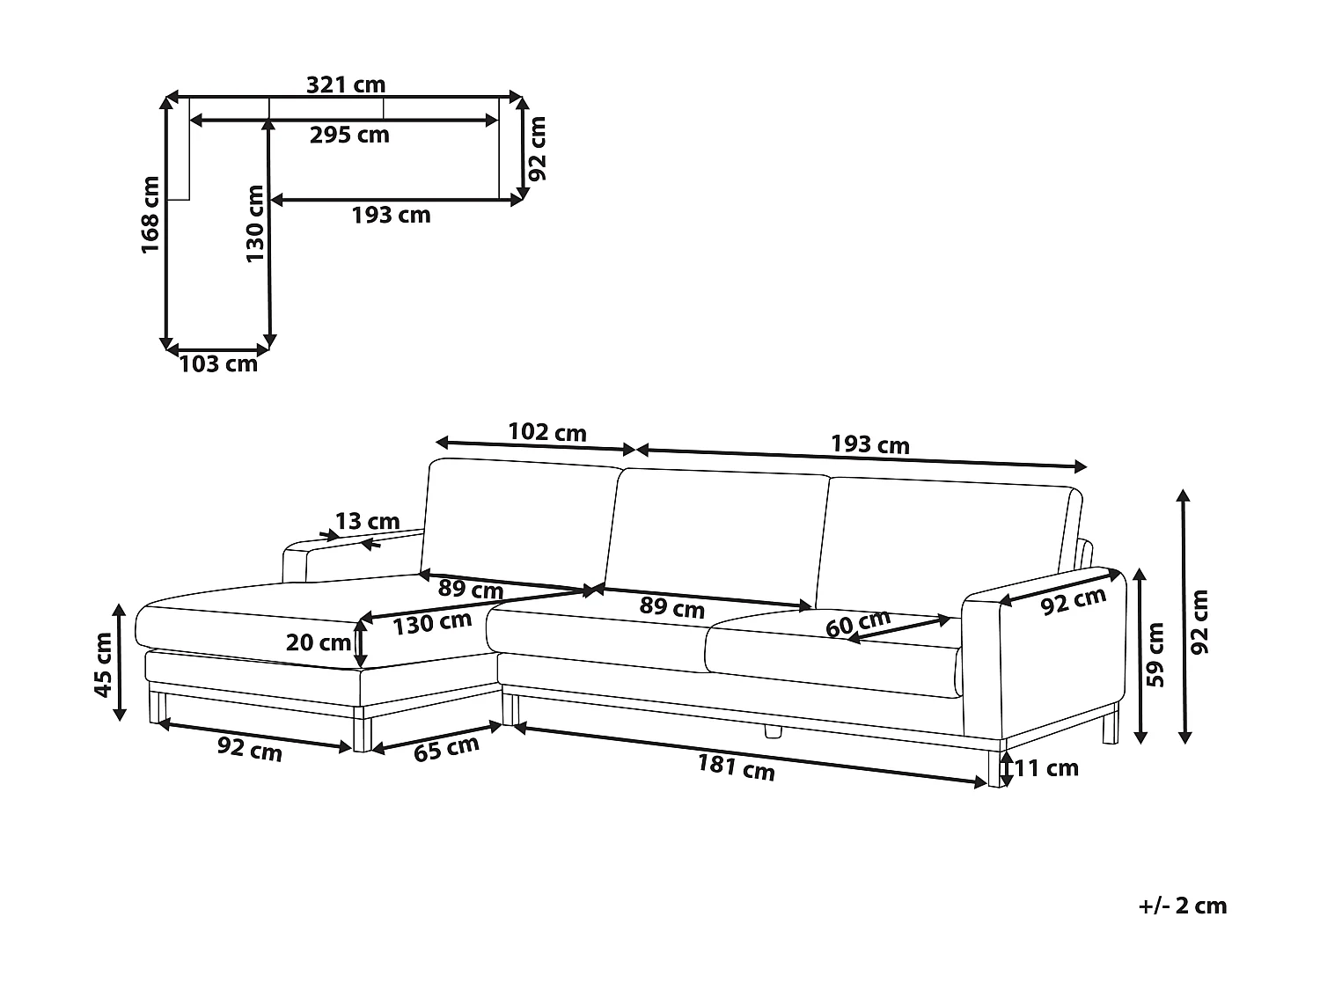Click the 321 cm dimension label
[346, 84]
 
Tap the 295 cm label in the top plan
[349, 135]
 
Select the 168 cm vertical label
[150, 216]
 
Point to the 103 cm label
[218, 363]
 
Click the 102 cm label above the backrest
[547, 432]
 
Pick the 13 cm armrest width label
[367, 523]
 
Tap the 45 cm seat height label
[104, 664]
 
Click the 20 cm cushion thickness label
[319, 642]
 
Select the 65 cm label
[446, 749]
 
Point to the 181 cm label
[737, 767]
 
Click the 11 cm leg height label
[1046, 768]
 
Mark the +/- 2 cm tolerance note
[1182, 906]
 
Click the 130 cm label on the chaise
[431, 624]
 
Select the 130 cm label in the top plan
[255, 224]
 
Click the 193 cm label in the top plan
[392, 215]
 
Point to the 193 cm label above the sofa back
[870, 444]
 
